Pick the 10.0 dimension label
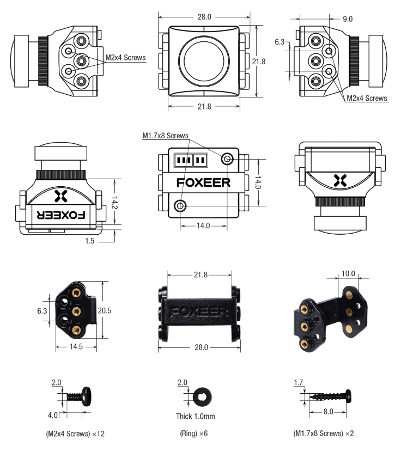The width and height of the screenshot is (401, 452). click(x=348, y=273)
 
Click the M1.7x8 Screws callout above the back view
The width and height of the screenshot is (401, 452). click(x=165, y=135)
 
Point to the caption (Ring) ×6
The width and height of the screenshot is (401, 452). click(x=193, y=434)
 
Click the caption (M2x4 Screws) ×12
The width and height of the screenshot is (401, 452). click(x=75, y=434)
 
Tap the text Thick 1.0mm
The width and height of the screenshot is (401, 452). click(x=195, y=417)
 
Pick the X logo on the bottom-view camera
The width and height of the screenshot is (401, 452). click(x=340, y=181)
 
